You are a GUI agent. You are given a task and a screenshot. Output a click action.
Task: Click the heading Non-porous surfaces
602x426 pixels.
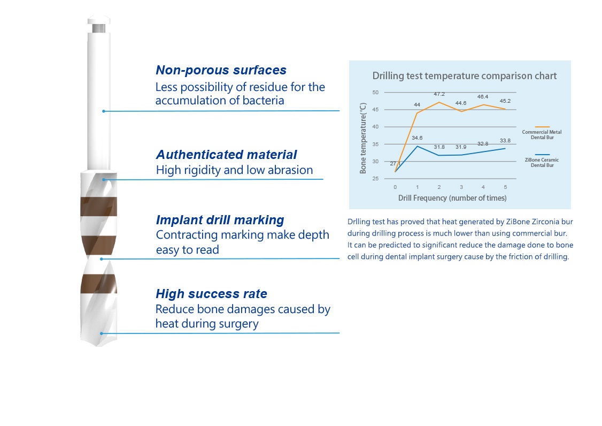coord(221,70)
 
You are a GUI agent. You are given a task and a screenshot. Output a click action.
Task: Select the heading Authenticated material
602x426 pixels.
coord(226,155)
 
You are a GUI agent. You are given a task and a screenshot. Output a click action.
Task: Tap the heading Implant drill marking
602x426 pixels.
coord(220,220)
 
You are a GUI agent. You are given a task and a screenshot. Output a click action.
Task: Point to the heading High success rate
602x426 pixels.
coord(211,294)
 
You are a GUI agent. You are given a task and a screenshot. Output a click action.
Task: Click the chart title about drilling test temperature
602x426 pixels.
coord(465,76)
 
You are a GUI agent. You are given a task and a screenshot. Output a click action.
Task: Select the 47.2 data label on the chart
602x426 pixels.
coord(439,94)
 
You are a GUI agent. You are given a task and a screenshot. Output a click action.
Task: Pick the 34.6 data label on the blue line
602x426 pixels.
coord(417,138)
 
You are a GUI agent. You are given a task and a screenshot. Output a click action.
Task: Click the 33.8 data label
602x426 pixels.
coord(505,140)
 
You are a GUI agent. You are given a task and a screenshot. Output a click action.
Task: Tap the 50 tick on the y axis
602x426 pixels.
coord(375,92)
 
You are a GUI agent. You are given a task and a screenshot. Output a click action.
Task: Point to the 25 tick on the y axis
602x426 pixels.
coord(375,178)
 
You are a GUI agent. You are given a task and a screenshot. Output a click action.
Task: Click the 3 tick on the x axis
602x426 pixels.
coord(461,187)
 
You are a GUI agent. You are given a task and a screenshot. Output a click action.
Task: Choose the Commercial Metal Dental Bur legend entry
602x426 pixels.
coord(542,132)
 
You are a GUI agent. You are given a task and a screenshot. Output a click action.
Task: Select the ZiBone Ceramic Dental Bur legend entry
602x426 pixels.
coord(542,160)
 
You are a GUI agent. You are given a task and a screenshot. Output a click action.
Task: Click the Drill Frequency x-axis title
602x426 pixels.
coord(452,198)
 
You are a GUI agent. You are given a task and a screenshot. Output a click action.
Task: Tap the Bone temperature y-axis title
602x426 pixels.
coord(363,138)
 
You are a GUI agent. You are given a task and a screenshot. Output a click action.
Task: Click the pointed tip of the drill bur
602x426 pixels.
coord(99,346)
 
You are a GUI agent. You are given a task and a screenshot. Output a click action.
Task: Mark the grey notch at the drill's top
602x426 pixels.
coord(99,28)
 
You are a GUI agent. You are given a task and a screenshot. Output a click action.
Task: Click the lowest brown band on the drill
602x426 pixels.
coord(99,284)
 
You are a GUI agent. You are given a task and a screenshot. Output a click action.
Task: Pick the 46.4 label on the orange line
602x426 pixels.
coord(483,96)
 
